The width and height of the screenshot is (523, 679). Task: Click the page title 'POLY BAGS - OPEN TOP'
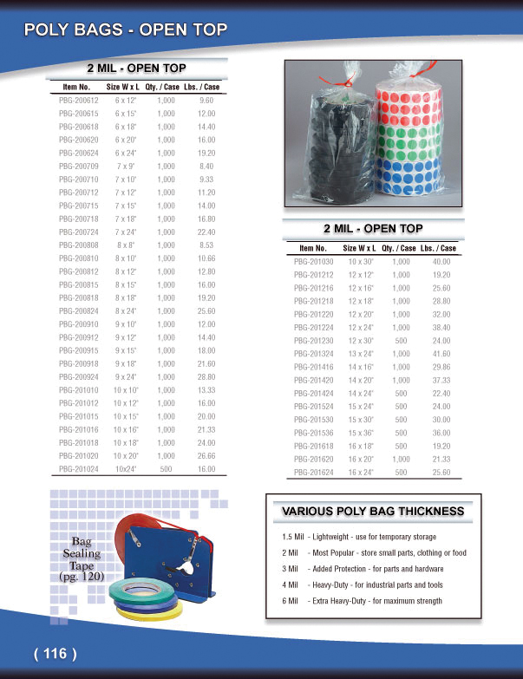(127, 30)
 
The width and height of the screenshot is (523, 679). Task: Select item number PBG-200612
(77, 101)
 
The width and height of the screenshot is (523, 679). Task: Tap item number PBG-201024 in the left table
(77, 468)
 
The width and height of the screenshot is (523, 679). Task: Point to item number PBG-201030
(313, 261)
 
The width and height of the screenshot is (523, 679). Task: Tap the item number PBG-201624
(313, 473)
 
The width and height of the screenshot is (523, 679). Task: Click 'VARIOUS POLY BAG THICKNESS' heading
(373, 512)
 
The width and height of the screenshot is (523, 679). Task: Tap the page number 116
(56, 653)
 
